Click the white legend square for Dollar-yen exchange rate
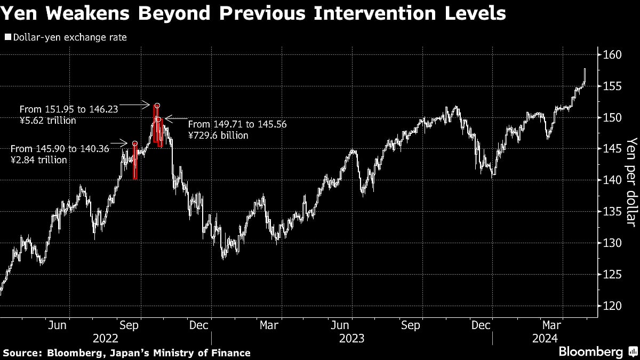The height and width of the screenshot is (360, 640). (7, 37)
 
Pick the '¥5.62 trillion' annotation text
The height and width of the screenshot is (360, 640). (47, 121)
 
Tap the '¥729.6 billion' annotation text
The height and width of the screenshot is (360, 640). (219, 135)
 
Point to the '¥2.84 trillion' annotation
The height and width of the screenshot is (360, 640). (39, 159)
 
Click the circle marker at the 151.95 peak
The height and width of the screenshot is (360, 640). (157, 106)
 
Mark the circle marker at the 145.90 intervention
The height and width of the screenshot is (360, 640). (134, 143)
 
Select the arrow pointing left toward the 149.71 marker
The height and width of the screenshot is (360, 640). (175, 118)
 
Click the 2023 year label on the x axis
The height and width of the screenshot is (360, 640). (351, 338)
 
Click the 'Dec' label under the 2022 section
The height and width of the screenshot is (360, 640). (199, 324)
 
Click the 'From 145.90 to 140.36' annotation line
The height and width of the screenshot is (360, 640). (60, 149)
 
